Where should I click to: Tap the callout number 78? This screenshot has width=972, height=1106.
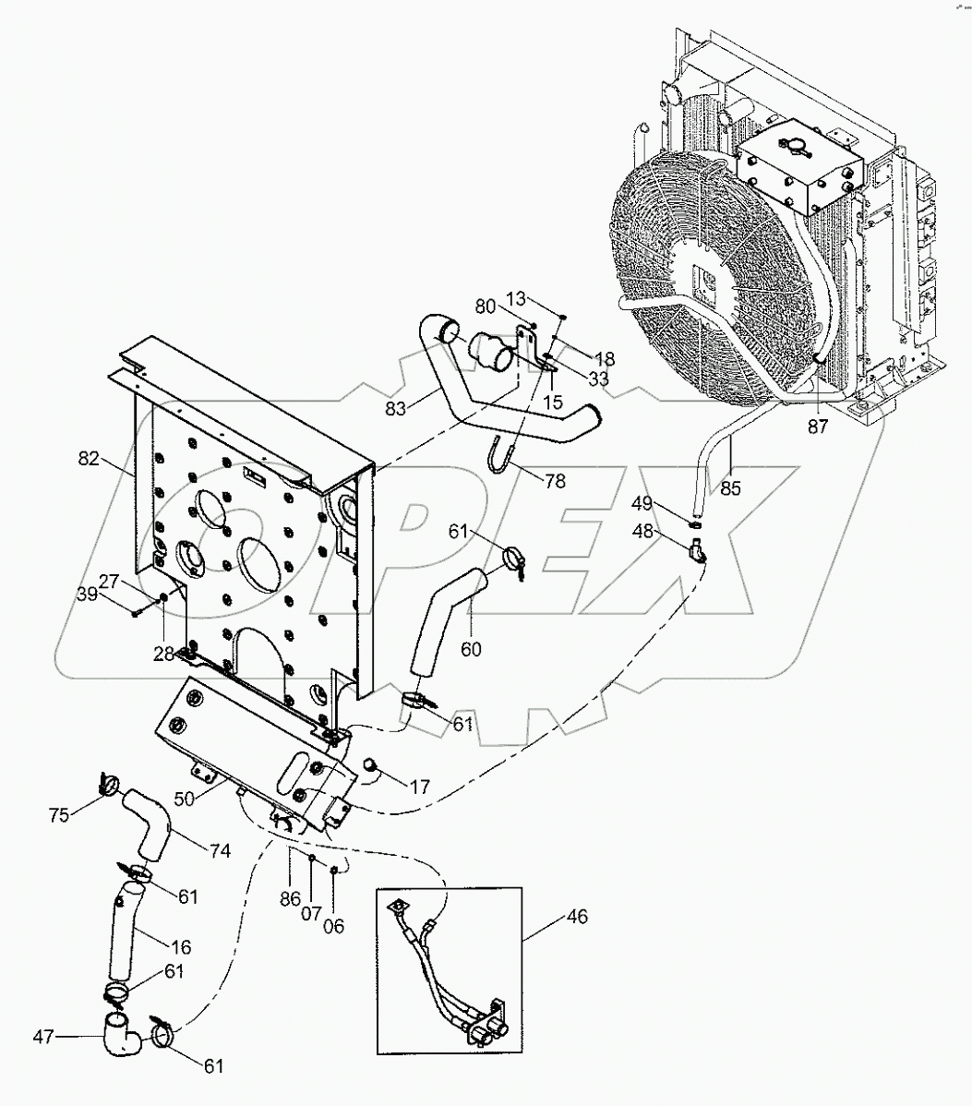pos(555,480)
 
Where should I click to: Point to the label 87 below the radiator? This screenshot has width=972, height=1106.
pos(818,427)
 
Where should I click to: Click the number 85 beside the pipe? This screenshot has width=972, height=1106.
pos(729,488)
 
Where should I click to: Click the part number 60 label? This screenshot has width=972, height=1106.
pos(470,649)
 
